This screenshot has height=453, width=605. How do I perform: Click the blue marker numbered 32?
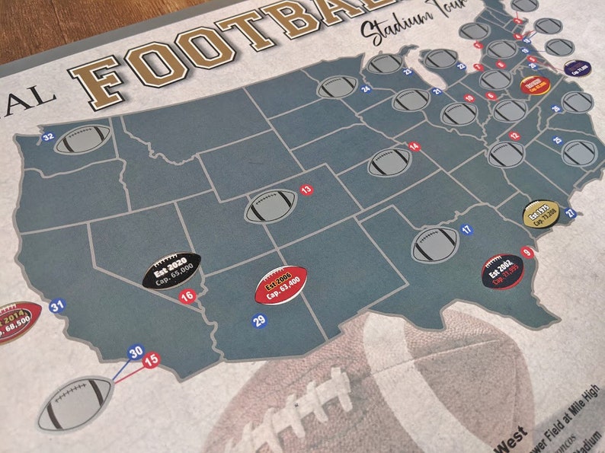48,137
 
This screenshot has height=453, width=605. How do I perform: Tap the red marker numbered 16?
186,296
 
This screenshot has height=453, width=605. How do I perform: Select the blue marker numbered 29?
259,321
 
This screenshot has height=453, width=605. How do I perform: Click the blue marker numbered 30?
136,353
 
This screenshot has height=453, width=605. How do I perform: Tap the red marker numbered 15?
151,359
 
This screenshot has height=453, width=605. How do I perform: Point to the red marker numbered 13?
306,189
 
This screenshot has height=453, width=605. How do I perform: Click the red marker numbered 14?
414,146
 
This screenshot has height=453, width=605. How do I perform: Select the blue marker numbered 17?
466,228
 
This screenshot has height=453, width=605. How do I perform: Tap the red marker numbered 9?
526,252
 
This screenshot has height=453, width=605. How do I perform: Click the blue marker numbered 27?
571,214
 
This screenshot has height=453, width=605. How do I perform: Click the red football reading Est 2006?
280,285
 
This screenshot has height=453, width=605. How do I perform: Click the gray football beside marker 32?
82,140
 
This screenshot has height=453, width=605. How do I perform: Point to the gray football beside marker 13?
270,206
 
